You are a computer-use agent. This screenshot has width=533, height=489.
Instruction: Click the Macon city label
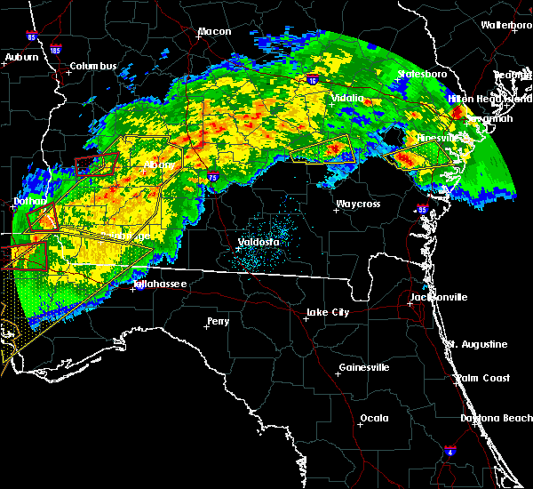tap(214, 32)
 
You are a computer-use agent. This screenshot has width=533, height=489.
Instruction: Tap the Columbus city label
tap(93, 67)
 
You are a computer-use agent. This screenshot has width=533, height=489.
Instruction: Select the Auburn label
tap(21, 58)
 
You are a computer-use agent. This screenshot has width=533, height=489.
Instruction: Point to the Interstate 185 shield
tap(57, 49)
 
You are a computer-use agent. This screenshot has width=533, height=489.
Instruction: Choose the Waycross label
tap(358, 204)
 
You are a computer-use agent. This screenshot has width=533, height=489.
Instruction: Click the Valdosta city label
tap(259, 242)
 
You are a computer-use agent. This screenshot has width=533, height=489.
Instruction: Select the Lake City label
tap(327, 313)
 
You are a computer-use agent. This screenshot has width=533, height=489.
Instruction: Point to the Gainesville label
tap(364, 367)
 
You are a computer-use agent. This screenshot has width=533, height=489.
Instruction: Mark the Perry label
tap(219, 321)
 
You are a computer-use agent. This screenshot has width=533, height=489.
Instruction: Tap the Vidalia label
tap(347, 98)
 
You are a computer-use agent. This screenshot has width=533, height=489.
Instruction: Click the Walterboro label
tap(506, 25)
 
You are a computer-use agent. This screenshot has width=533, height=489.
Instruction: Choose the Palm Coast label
tap(484, 378)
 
